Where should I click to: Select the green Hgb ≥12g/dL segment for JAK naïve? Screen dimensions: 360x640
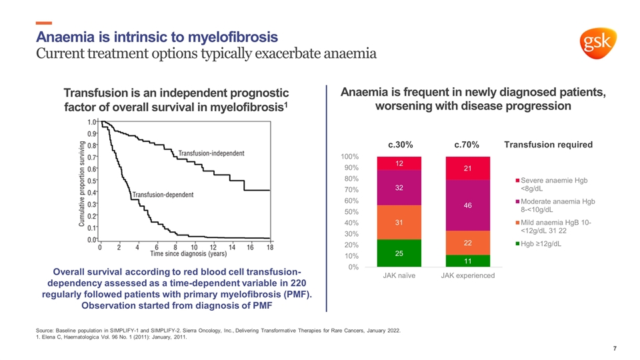tap(398, 253)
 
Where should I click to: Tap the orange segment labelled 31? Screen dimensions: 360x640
tap(398, 222)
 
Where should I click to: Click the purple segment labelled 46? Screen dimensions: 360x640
tap(467, 206)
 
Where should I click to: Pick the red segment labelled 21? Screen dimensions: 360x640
tap(467, 169)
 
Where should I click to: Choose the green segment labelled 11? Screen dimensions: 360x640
tap(467, 261)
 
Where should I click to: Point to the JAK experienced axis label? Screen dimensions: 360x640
tap(467, 276)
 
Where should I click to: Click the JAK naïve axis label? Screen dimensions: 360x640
tap(398, 276)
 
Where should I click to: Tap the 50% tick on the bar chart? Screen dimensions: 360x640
tap(351, 212)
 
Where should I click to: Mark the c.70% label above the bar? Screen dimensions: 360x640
tap(467, 145)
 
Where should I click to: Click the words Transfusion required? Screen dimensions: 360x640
tap(548, 145)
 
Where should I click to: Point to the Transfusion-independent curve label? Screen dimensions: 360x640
tap(211, 153)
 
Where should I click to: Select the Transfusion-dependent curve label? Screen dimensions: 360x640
tap(163, 195)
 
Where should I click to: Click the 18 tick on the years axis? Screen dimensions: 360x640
tap(269, 247)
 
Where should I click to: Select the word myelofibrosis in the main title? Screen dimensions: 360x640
tap(223, 35)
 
